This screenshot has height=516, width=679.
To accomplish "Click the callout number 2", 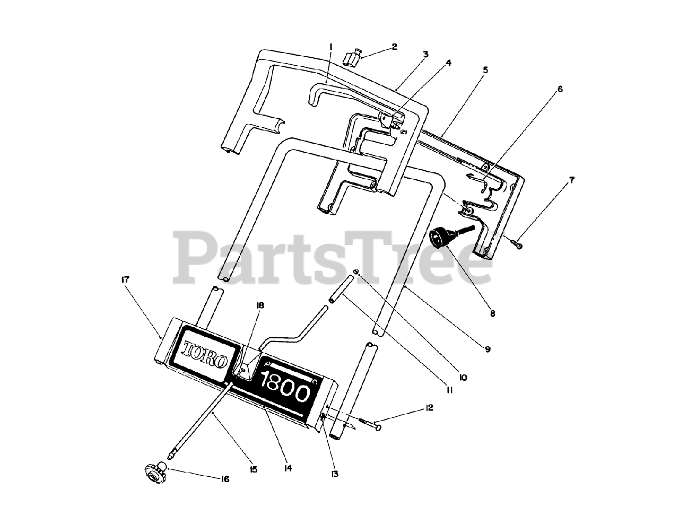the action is coord(394,47).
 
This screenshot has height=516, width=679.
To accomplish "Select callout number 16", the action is coord(225,479).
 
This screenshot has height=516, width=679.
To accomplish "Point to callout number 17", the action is coord(125,279).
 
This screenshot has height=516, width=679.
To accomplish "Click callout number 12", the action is coord(429,408).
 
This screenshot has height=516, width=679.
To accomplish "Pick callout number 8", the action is coord(492,313).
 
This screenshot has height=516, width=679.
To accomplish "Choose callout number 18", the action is coord(260,305).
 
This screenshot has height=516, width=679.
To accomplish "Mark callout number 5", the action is coord(485,69).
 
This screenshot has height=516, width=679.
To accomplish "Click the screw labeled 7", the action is coord(518,244).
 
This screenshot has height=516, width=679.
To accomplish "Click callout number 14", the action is coord(288,468).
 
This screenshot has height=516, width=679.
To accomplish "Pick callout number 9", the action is coord(488,349).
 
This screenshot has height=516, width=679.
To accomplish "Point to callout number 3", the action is coord(425,54).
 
